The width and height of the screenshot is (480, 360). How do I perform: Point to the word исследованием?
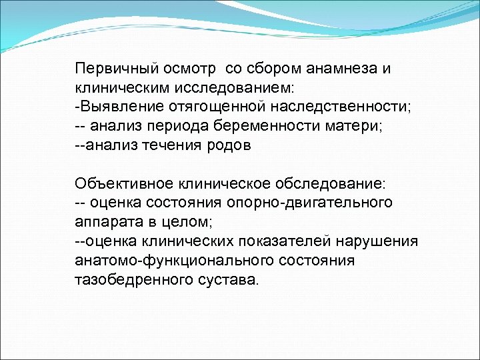coord(236,87)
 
